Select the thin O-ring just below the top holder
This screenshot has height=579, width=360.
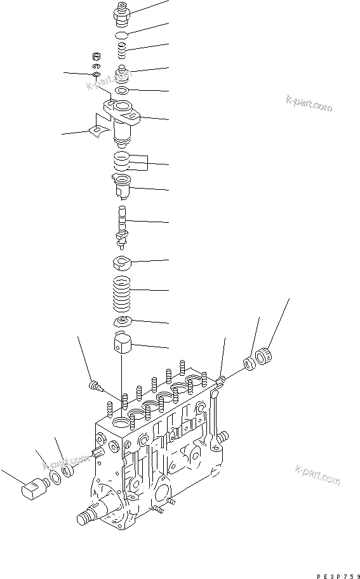coord(123,33)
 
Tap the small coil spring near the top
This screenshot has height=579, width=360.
coord(123,49)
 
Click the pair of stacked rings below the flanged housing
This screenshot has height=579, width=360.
coord(123,163)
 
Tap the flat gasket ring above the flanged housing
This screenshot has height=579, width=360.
coord(123,92)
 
